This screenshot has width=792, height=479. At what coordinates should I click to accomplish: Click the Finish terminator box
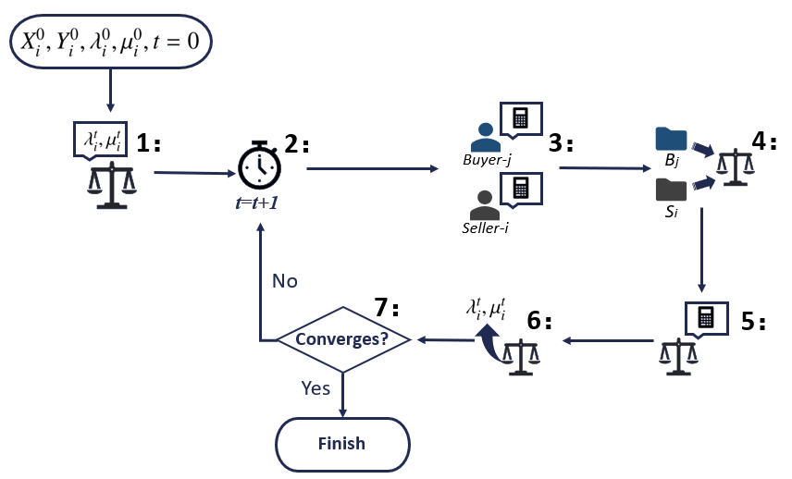click(x=342, y=444)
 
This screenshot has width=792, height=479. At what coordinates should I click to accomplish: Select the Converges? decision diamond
click(x=342, y=339)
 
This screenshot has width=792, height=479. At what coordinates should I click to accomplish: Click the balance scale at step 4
click(x=735, y=166)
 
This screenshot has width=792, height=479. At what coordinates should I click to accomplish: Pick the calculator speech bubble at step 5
click(x=706, y=317)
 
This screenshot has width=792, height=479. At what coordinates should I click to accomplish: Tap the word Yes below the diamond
click(x=316, y=388)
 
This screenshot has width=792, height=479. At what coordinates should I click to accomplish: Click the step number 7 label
click(x=387, y=306)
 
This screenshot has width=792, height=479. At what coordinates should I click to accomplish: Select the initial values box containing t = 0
click(x=111, y=40)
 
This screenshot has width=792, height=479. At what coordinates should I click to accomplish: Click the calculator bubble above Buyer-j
click(x=520, y=118)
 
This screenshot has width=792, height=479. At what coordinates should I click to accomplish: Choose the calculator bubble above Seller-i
click(x=520, y=189)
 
